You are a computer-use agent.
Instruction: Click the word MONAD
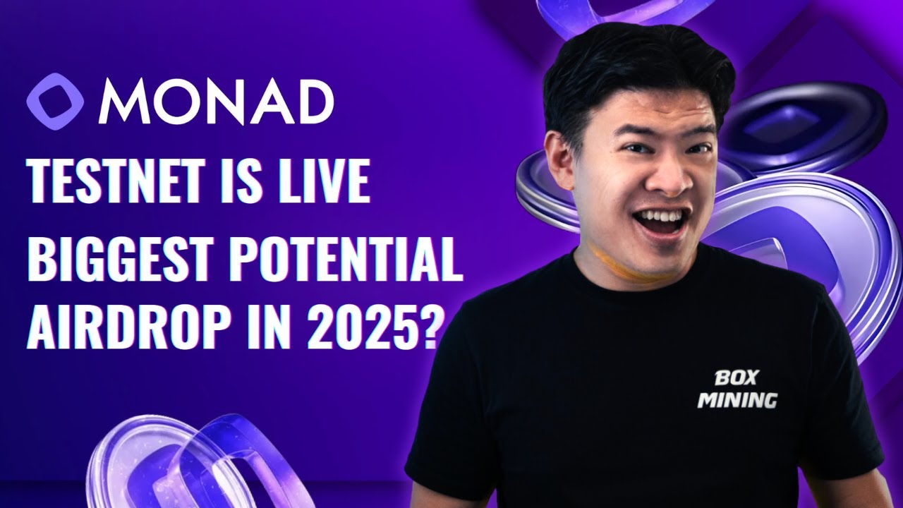tap(216, 102)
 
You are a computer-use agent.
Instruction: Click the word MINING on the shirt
tap(737, 400)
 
